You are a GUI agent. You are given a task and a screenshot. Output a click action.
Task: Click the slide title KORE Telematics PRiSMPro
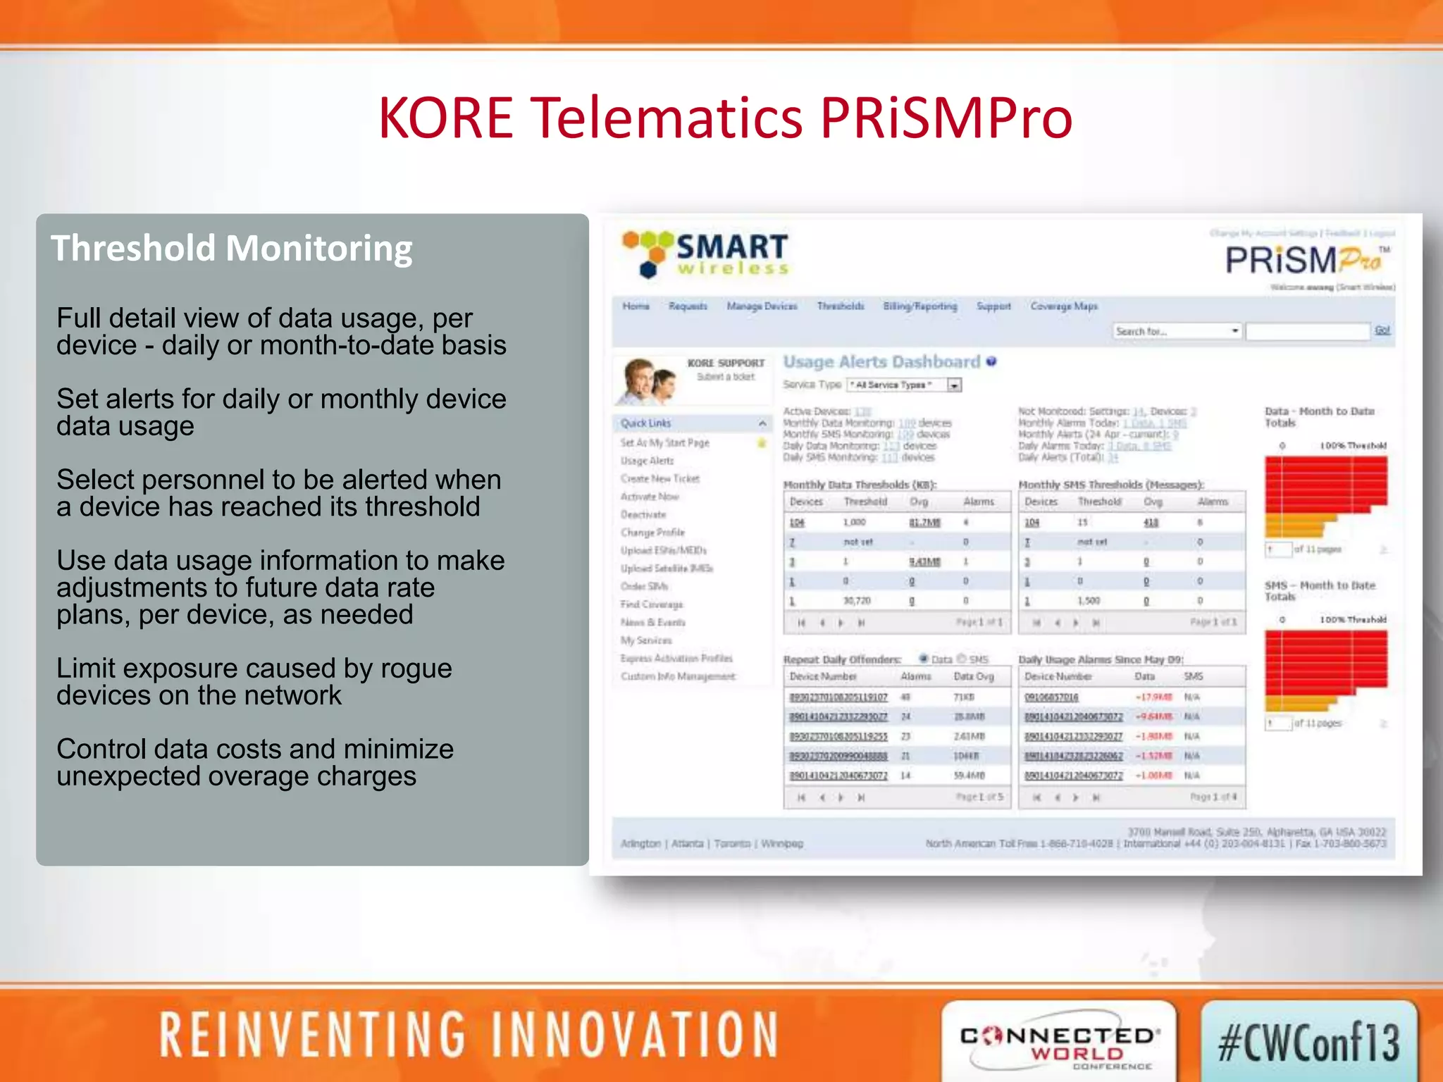725,118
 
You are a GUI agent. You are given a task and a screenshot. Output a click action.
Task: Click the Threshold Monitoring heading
231,249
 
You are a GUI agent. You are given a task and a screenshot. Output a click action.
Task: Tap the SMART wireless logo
705,254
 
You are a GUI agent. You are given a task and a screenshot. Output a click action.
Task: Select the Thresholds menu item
840,306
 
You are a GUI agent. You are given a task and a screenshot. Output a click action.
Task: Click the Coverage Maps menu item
1063,306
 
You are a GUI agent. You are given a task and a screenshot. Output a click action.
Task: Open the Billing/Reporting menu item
919,306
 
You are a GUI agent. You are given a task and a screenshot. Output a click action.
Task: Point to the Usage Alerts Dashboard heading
881,362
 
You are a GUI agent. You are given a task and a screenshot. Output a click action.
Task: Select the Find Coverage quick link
651,604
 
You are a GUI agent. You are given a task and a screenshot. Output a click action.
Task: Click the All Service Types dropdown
903,385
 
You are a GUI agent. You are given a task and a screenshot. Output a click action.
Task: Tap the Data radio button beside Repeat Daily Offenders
924,659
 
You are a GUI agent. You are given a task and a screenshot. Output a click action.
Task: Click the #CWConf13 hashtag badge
1308,1043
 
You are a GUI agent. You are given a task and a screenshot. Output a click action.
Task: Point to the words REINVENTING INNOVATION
469,1036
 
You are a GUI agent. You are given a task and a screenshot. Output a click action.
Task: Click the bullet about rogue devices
254,682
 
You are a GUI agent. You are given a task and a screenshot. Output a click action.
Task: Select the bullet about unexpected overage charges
254,763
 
